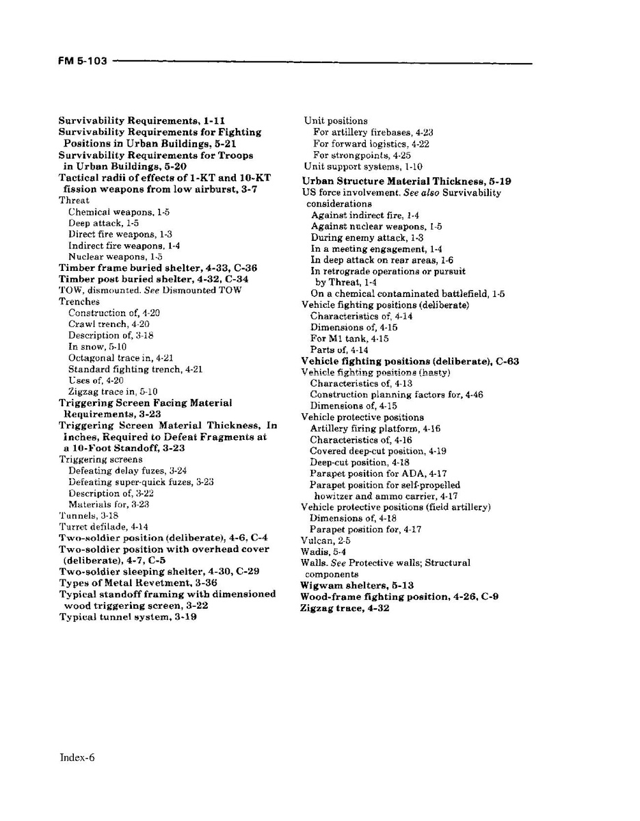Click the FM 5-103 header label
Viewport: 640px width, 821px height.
[82, 62]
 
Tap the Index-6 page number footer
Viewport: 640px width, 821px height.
[77, 757]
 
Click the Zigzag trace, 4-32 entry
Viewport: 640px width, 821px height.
[345, 608]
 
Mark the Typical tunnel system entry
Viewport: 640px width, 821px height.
[128, 616]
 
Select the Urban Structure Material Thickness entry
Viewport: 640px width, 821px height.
[406, 181]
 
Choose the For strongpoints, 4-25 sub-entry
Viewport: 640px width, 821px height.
[362, 155]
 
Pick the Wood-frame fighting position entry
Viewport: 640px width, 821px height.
[399, 597]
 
